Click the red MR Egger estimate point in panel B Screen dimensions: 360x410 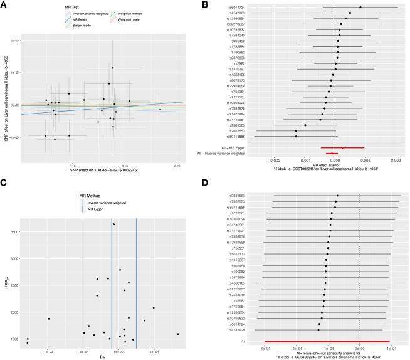click(x=342, y=147)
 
